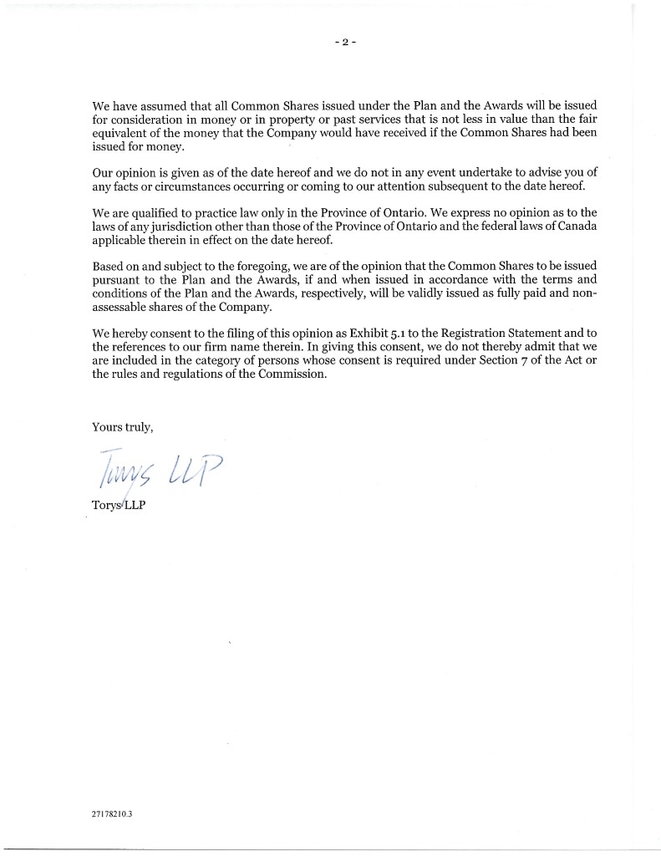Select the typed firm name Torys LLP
tap(119, 506)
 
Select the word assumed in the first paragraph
tap(158, 106)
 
